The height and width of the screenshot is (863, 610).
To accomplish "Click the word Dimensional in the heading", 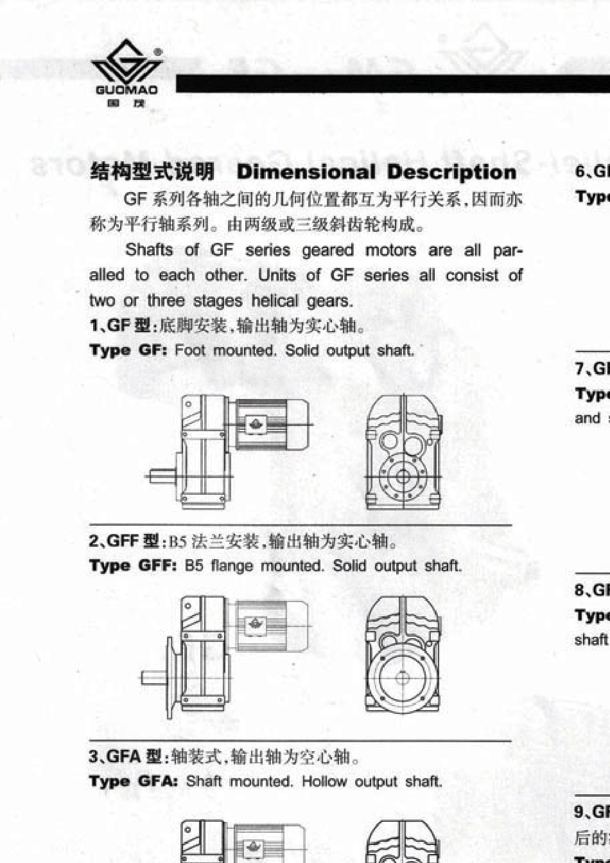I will [x=306, y=172].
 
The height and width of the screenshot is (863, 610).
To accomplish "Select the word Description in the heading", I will [x=451, y=172].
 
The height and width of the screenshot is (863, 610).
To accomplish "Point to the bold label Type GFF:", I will [x=133, y=566].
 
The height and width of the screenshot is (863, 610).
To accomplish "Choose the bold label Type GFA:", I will [x=134, y=781].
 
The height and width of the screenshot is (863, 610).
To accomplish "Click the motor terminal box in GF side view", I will [x=256, y=425].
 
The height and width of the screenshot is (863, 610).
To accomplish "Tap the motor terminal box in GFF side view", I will [x=256, y=625].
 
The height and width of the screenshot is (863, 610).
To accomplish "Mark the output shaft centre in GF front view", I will [x=403, y=477].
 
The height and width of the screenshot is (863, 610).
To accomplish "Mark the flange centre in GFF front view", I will [x=403, y=678].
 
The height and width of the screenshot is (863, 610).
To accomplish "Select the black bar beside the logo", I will [x=392, y=84].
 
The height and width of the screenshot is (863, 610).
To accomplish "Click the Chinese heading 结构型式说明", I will [x=152, y=172].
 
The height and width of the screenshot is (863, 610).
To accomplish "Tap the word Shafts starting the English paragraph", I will [x=149, y=249].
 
